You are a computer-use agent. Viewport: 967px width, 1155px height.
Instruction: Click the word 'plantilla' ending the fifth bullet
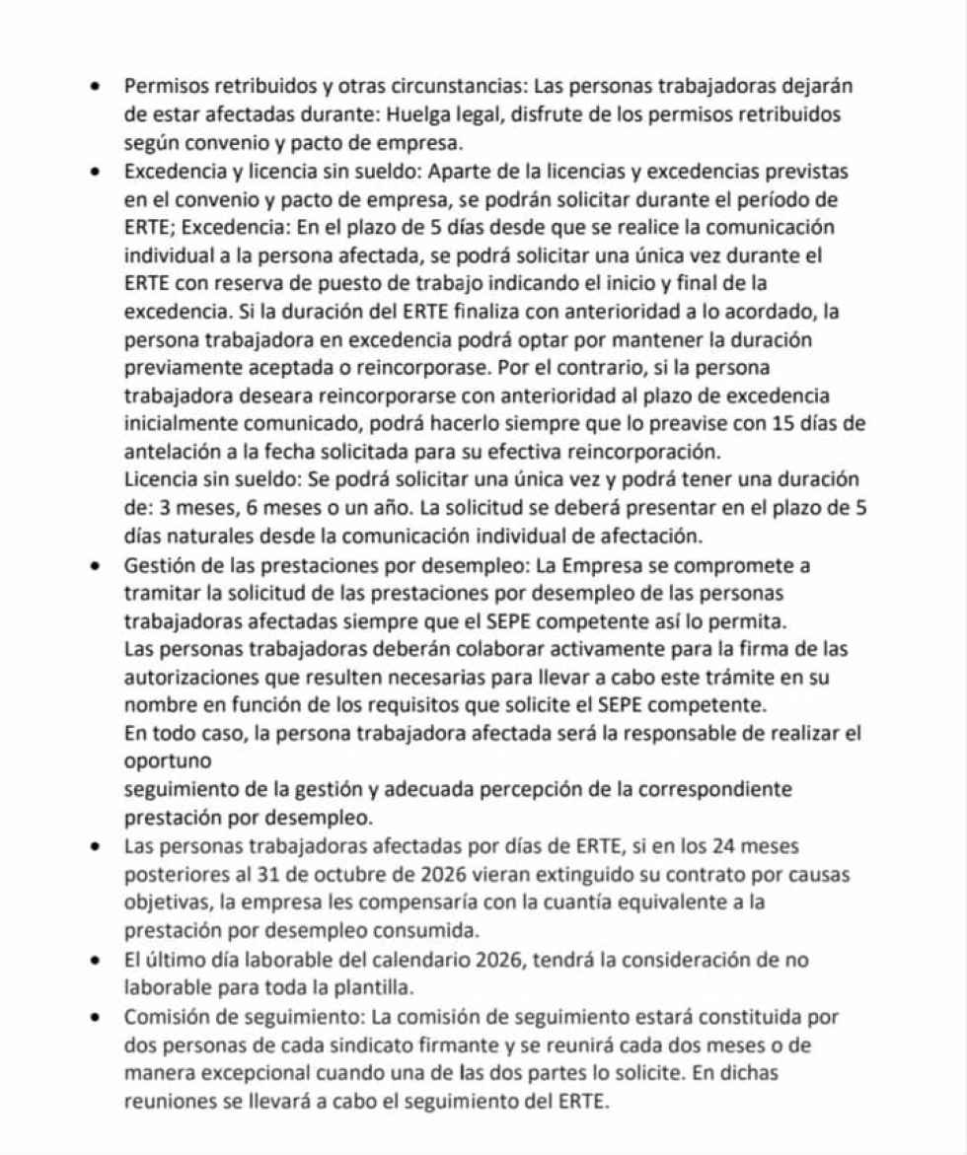coord(366,986)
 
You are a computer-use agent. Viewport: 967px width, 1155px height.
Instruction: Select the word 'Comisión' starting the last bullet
coord(163,1017)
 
